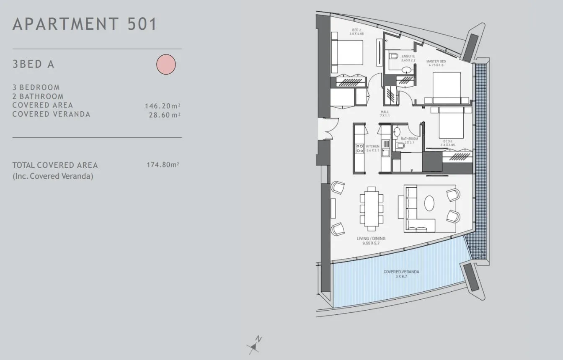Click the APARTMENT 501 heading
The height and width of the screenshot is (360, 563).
pos(85,24)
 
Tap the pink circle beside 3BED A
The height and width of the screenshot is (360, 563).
pos(166,64)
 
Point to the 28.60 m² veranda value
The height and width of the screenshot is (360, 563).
pos(165,115)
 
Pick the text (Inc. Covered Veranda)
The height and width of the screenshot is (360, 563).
pos(53,176)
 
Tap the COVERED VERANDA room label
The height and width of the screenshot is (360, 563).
pos(401,272)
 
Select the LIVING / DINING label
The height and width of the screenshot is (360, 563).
pos(371,239)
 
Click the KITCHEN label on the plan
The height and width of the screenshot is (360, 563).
pos(373,147)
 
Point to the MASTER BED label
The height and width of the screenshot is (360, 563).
pos(436,62)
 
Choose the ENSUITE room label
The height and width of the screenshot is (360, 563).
pos(408,56)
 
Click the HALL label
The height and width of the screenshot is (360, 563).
pos(385,112)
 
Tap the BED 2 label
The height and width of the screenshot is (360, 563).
pos(356,30)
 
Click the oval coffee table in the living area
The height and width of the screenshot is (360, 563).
pos(429,204)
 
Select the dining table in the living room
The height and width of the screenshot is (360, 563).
pos(372,208)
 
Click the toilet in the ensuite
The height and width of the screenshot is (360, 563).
pos(393,56)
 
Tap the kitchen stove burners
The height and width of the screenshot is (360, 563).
pos(360,148)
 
